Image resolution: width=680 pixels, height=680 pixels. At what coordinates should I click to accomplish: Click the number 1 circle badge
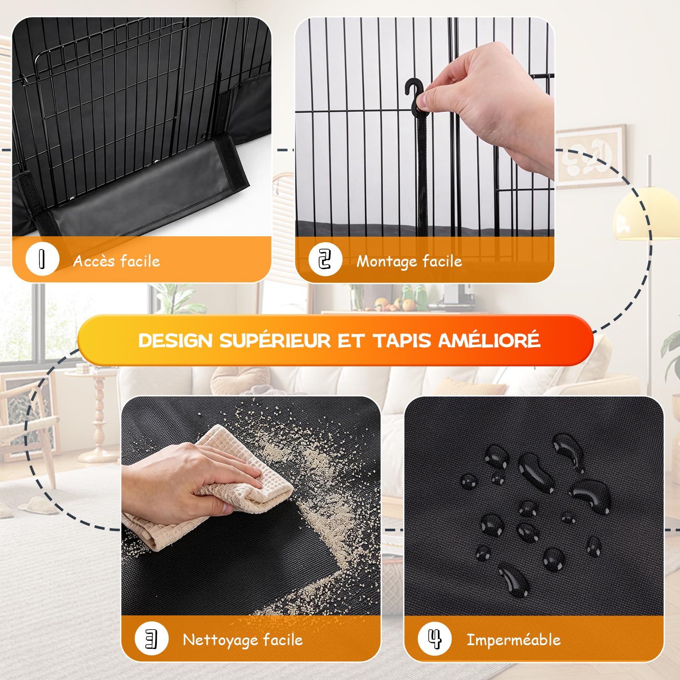point(42,258)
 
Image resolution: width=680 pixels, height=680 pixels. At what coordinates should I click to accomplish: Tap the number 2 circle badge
point(325,259)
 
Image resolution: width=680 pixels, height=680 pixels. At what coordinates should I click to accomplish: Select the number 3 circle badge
point(151,638)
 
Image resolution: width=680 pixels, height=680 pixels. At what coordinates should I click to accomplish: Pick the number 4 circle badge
point(434,638)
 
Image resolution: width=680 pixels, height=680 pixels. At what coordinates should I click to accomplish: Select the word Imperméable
point(513,640)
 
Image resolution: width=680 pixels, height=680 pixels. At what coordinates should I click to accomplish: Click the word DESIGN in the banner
point(175,340)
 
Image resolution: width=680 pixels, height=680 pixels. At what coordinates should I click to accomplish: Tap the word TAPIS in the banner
point(402,340)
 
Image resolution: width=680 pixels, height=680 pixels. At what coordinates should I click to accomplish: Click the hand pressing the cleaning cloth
point(187,476)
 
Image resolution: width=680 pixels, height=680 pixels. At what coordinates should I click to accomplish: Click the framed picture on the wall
point(591,156)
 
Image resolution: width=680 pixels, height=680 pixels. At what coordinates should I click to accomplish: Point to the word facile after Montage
point(442,261)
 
